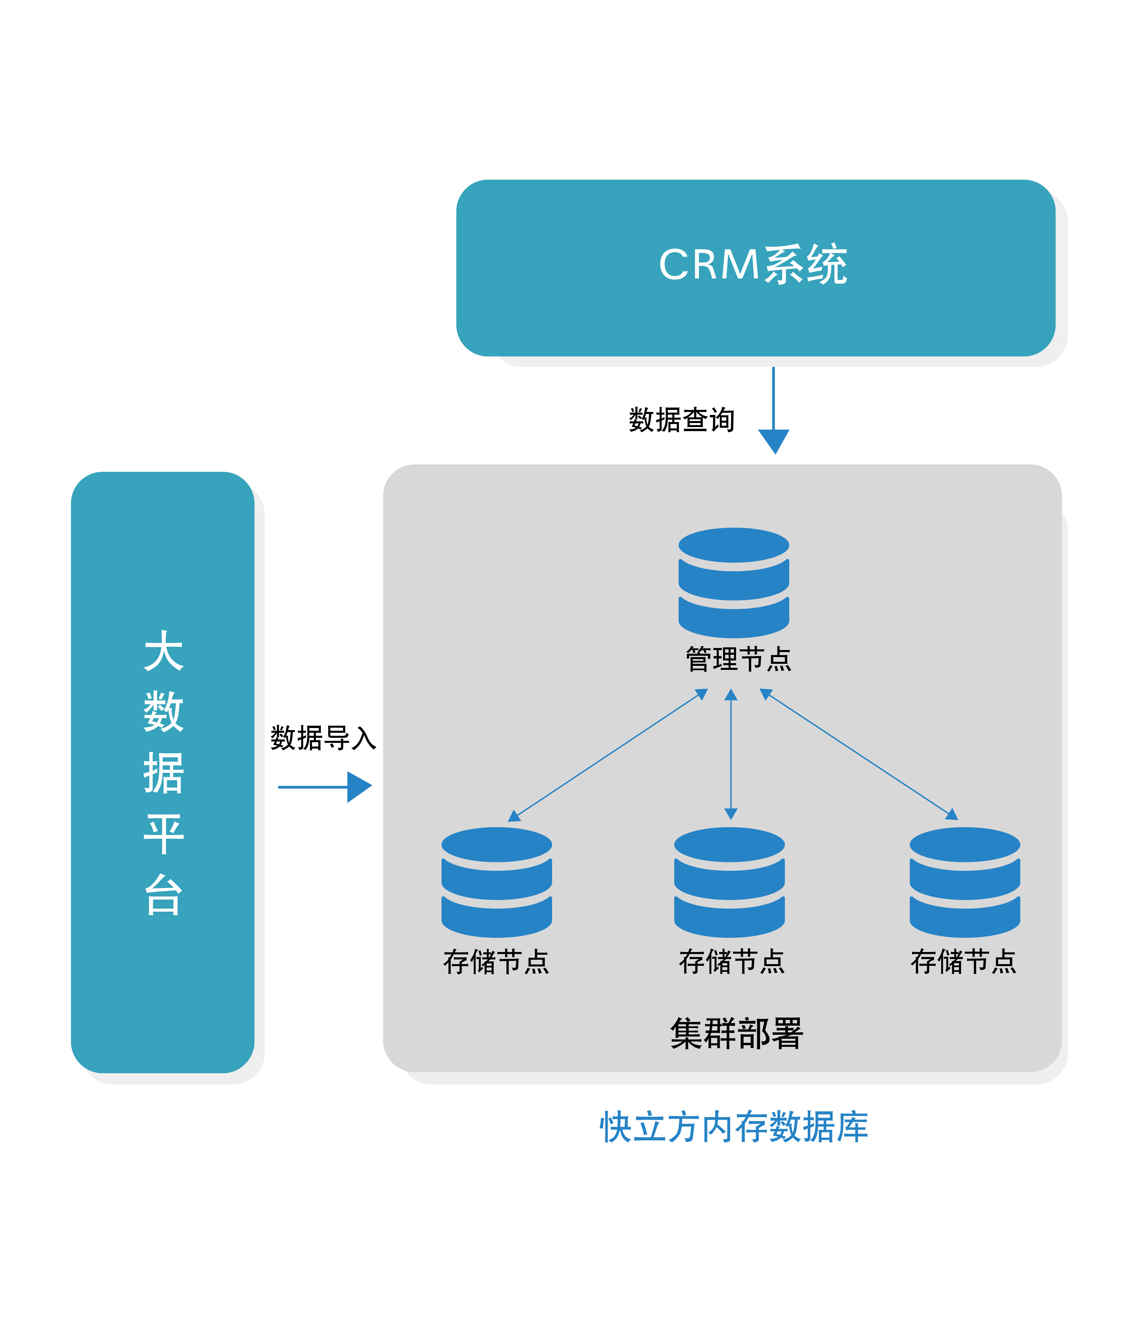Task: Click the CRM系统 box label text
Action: point(753,264)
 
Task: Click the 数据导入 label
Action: point(323,738)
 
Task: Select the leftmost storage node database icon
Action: point(497,882)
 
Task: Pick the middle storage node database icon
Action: point(729,882)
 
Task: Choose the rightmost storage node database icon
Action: point(965,882)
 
